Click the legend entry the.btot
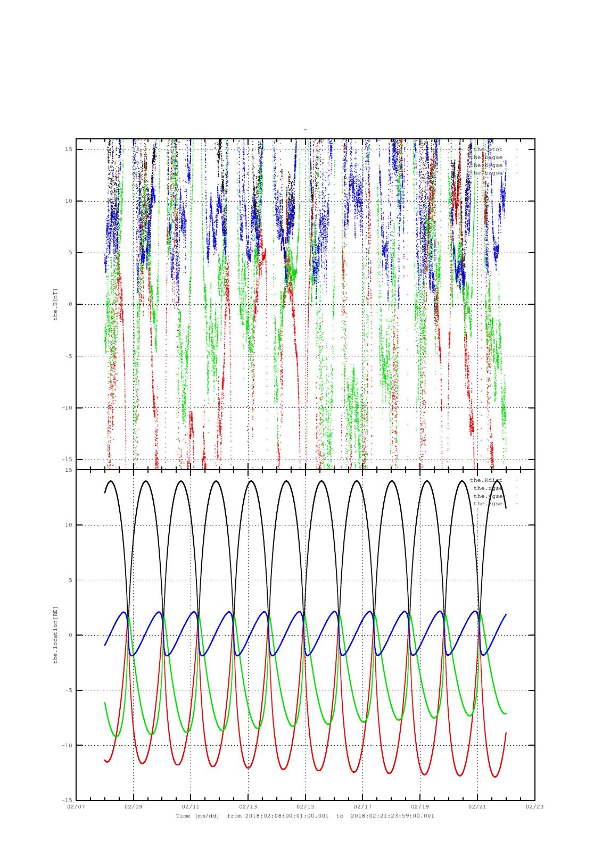(488, 149)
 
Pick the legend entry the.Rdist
(486, 480)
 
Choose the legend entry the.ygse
(488, 496)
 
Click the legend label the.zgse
(488, 504)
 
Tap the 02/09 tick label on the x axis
(133, 806)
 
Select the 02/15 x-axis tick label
(305, 806)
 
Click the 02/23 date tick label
(534, 806)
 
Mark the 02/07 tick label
(76, 806)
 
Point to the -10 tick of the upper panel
(67, 408)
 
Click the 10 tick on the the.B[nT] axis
(69, 201)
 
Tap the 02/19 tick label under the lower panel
(420, 806)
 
